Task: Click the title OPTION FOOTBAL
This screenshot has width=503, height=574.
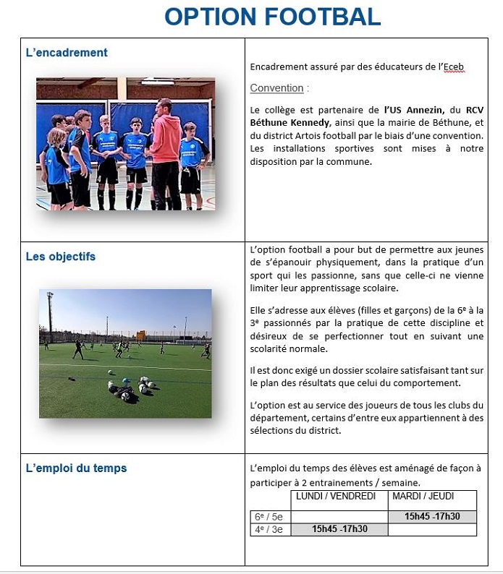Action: [272, 17]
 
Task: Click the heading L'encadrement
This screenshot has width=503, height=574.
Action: [67, 53]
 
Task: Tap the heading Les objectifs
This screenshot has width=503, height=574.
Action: [60, 257]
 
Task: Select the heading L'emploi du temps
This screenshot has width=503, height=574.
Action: [76, 468]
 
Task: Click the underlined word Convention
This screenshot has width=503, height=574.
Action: [276, 88]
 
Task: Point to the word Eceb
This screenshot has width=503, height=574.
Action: [453, 67]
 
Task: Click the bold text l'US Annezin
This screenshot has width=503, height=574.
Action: [413, 110]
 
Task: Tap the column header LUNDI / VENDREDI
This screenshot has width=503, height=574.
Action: [336, 497]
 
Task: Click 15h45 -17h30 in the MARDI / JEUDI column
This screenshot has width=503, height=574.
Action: [432, 517]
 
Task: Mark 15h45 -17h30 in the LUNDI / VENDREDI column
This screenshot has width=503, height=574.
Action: [339, 529]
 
